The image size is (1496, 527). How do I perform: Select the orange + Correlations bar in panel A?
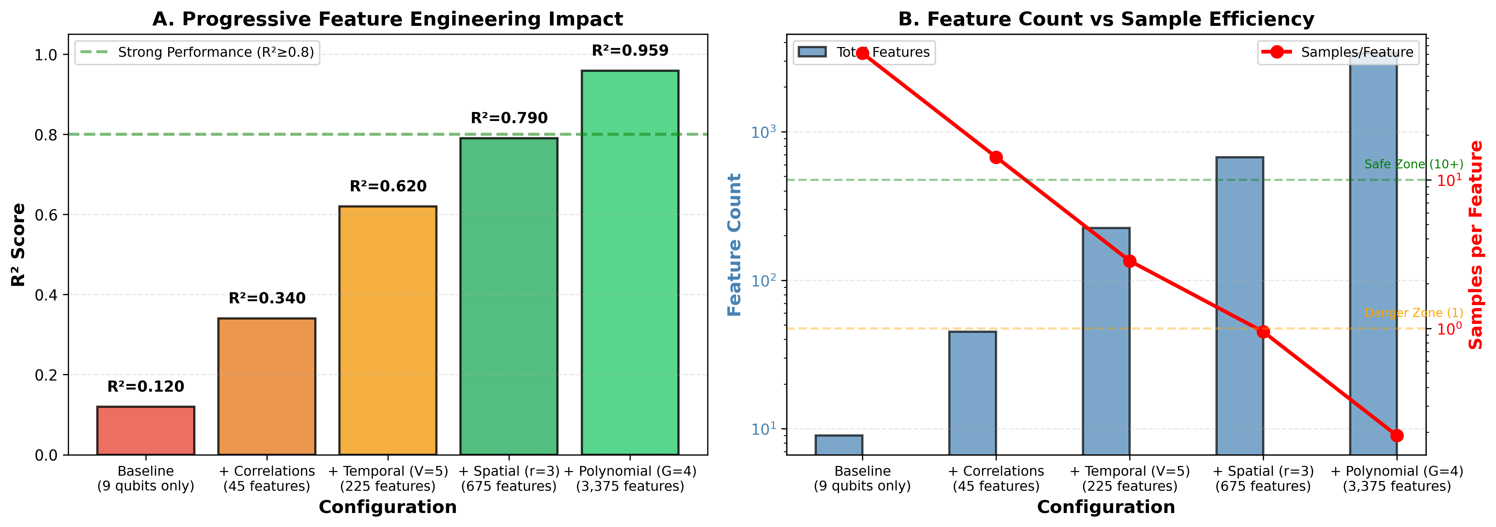coord(267,386)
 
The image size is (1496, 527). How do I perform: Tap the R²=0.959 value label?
coord(630,51)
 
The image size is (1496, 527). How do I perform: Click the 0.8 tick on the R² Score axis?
coord(46,135)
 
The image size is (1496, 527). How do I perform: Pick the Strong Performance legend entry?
coord(198,52)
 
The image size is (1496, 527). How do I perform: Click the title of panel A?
coord(387,19)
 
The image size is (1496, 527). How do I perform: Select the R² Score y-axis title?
coord(19,244)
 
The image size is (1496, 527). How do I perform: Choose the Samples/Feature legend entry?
coord(1339,52)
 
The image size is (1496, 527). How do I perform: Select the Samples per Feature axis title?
coord(1476,244)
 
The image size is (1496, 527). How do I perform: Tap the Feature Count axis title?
coord(735,244)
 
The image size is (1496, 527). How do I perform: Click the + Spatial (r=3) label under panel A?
coord(509,478)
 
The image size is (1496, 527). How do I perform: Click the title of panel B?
coord(1106,19)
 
